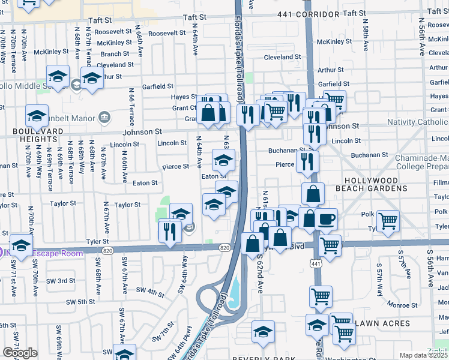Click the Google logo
tap(20, 353)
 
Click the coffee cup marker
tap(326, 220)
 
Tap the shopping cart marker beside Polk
tap(388, 221)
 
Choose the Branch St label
tap(115, 54)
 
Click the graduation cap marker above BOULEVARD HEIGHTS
tap(37, 116)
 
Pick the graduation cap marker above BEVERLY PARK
tap(263, 331)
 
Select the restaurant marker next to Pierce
tap(307, 160)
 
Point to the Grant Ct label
tap(184, 109)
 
